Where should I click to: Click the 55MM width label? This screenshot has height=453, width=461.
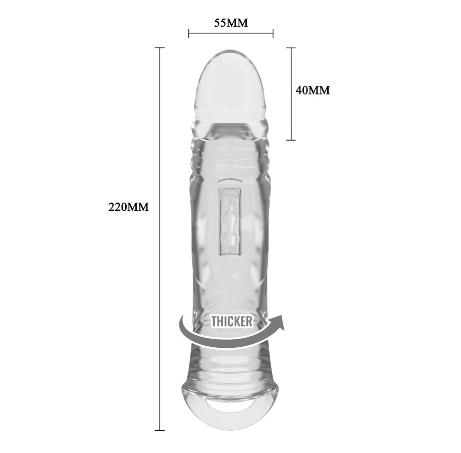click(x=231, y=23)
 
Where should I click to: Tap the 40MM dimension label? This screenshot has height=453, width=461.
click(x=313, y=90)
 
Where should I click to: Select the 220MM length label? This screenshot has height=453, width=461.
click(x=128, y=207)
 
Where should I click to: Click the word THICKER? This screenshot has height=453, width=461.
click(x=231, y=321)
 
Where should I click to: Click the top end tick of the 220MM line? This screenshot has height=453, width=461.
click(x=160, y=48)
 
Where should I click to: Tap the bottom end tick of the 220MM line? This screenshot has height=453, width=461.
click(x=160, y=430)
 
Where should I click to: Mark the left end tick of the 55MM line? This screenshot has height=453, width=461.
click(x=188, y=34)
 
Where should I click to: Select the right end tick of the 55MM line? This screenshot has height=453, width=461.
click(x=273, y=34)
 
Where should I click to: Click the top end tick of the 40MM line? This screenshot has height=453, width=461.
click(x=290, y=48)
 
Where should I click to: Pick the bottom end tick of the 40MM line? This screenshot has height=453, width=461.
click(x=290, y=140)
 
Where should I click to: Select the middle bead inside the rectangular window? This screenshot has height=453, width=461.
click(x=230, y=219)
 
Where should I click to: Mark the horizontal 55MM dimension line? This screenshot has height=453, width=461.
click(x=231, y=34)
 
